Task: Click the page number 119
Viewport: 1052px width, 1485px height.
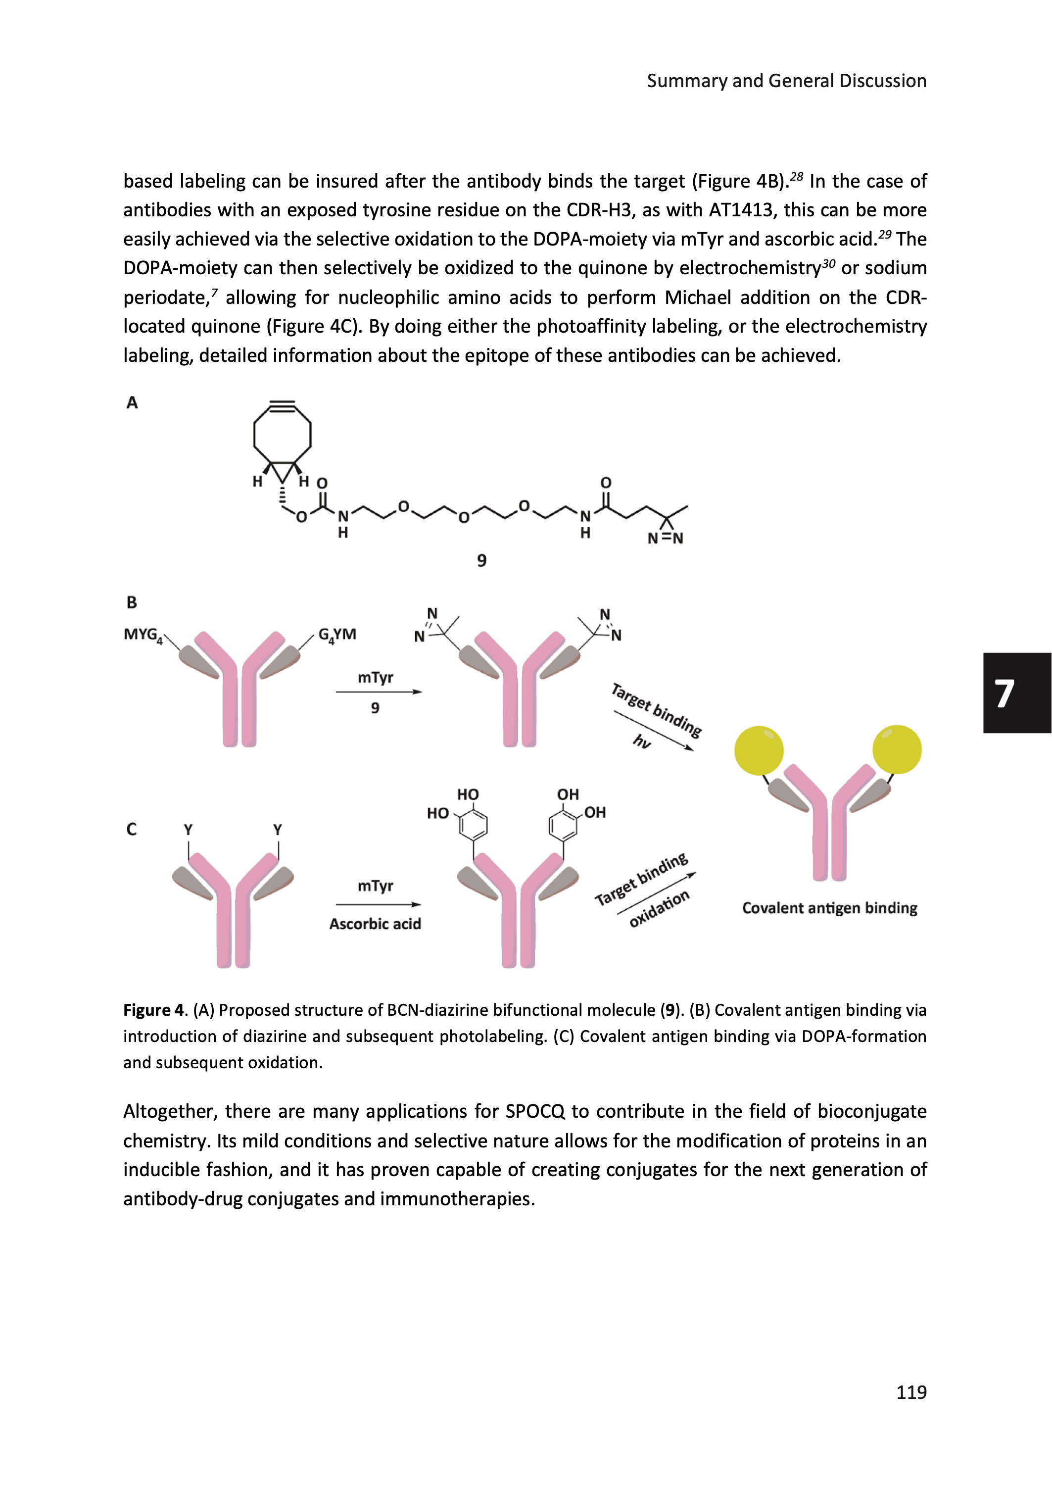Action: tap(911, 1392)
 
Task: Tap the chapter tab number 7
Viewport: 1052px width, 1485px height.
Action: tap(1004, 693)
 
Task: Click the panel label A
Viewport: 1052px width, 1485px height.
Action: tap(132, 403)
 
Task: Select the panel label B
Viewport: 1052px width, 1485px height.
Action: tap(132, 602)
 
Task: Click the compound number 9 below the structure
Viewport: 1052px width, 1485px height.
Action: tap(481, 560)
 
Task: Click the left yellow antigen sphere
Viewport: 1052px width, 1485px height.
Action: tap(759, 750)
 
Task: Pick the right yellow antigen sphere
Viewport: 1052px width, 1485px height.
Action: tap(897, 749)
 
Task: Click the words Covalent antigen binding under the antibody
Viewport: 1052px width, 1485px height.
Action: tap(829, 908)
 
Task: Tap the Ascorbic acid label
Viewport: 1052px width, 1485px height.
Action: tap(375, 924)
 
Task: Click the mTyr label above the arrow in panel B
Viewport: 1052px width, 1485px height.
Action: tap(375, 678)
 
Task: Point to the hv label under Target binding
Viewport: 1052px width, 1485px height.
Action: tap(642, 741)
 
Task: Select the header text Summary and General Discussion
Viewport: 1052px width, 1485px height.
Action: tap(786, 81)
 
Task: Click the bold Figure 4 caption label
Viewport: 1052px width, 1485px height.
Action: tap(155, 1010)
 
